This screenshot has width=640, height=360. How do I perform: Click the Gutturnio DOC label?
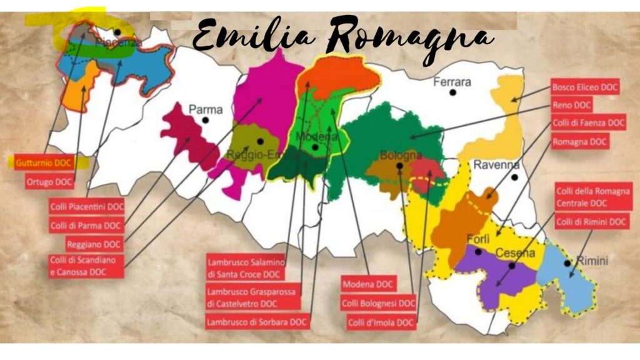(44, 162)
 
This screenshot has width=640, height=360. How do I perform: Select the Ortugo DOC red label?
(49, 182)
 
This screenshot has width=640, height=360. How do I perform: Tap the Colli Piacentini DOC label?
(87, 206)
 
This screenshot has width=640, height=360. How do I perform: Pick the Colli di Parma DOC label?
(86, 225)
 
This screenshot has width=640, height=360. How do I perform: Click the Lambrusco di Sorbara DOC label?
(257, 322)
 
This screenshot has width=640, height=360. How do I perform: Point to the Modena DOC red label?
(368, 284)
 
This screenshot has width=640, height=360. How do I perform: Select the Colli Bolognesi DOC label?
(378, 304)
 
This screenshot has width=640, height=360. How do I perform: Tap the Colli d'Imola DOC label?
(381, 322)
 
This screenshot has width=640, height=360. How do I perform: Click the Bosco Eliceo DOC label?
(585, 87)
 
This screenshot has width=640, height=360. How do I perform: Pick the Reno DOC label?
(572, 106)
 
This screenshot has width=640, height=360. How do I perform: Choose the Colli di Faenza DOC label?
(588, 124)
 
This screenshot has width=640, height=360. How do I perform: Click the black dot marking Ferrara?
(452, 92)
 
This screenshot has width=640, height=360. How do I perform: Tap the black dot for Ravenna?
(514, 177)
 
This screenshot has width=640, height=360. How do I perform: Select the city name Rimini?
(591, 261)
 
